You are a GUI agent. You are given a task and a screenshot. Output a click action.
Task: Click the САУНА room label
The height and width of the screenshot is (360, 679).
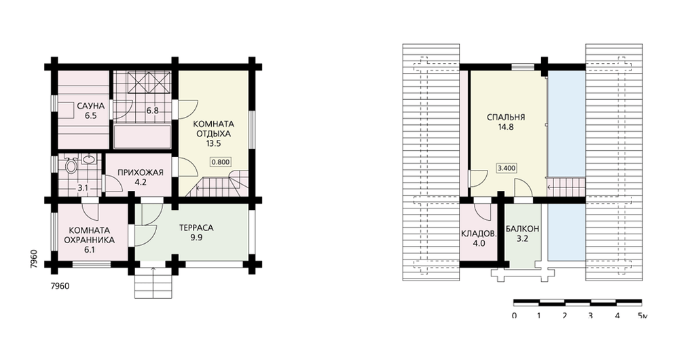tap(90, 106)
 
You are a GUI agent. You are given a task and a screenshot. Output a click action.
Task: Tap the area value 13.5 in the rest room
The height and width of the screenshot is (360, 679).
tap(212, 144)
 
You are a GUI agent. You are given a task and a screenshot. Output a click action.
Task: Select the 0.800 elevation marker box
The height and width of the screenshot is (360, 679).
tap(221, 162)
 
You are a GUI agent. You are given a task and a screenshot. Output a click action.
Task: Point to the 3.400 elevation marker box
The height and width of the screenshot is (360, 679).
tap(507, 168)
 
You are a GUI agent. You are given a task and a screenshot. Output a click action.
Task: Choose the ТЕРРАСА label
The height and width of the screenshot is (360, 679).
tap(197, 228)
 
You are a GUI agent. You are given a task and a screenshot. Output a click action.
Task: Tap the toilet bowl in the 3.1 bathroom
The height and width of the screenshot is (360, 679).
tap(70, 166)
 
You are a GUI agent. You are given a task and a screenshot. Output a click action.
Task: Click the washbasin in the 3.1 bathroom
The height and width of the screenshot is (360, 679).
tap(89, 160)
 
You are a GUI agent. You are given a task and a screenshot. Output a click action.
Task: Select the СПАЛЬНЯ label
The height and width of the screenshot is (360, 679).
tap(506, 117)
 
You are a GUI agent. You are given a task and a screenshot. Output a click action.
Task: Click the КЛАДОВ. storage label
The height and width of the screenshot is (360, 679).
tap(479, 234)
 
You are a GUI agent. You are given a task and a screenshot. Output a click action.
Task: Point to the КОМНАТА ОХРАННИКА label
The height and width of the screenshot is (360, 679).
tap(90, 235)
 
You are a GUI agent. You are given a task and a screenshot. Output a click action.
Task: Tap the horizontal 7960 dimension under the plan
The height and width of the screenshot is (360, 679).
tap(60, 286)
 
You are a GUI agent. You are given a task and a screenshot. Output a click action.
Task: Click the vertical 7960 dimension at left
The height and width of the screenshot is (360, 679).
tap(34, 259)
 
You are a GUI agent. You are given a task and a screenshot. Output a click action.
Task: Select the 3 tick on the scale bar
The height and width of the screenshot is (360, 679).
tap(590, 315)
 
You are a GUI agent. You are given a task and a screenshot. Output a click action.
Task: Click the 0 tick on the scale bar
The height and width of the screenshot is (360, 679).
tap(514, 315)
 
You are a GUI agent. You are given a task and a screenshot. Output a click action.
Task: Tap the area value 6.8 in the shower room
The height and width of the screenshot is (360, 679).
tap(152, 111)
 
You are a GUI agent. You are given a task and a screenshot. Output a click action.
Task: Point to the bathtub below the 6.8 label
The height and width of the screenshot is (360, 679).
tap(142, 137)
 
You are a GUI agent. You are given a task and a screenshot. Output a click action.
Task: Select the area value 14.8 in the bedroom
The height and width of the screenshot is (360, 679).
tap(506, 127)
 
